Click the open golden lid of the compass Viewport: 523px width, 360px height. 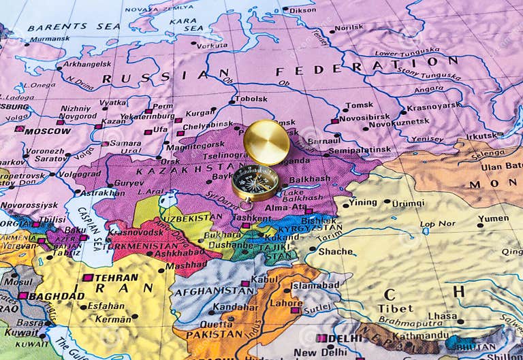click(x=266, y=142)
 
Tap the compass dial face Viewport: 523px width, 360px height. click(x=255, y=182)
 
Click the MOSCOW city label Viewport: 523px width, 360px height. click(x=47, y=130)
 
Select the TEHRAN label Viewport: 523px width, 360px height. click(x=116, y=278)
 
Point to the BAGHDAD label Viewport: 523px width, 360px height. click(x=57, y=296)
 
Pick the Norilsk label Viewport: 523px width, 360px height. click(x=348, y=28)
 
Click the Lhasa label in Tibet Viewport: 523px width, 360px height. click(x=443, y=316)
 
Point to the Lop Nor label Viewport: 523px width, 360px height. click(x=437, y=224)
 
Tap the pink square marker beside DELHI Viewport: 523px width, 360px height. click(x=320, y=338)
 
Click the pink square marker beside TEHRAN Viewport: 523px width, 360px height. click(x=87, y=278)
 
